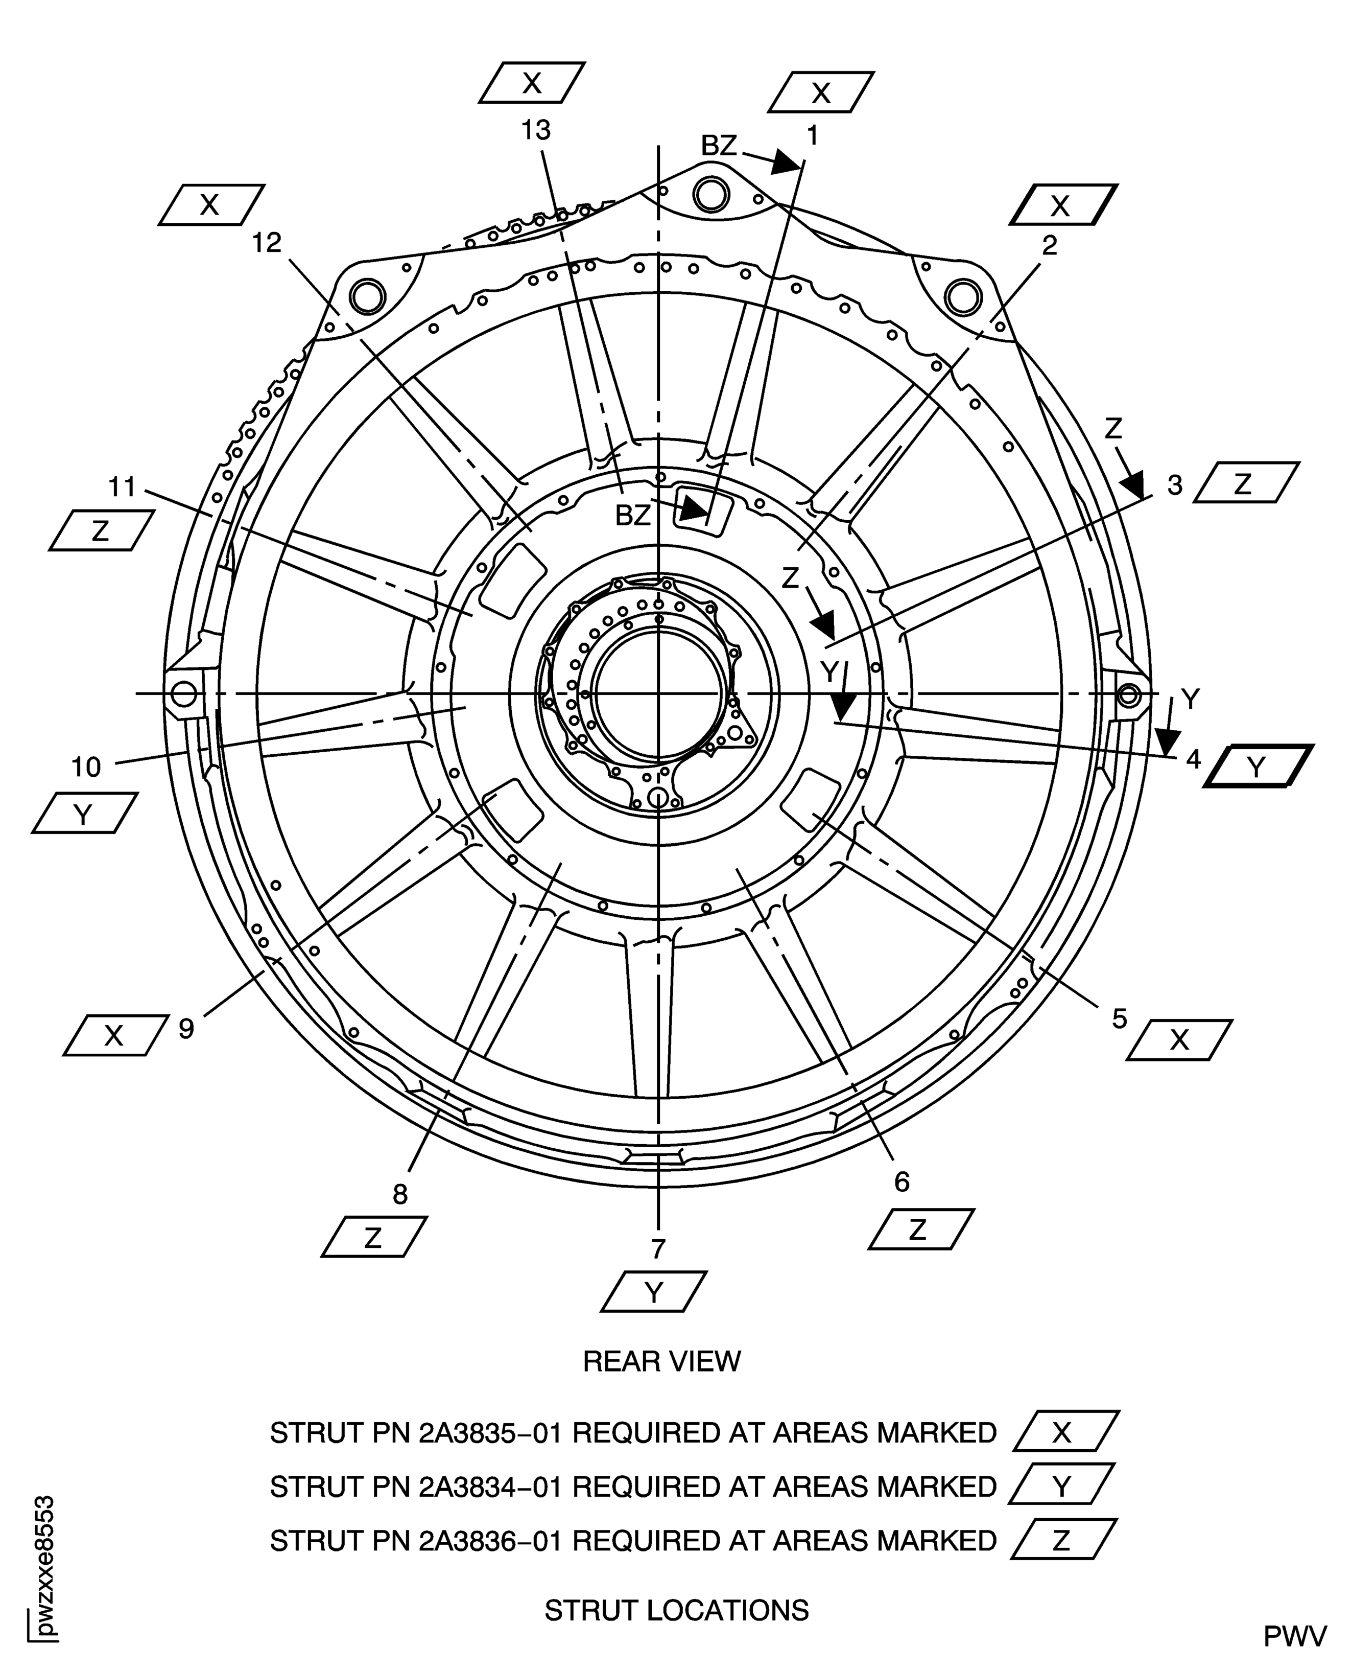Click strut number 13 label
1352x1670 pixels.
coord(536,130)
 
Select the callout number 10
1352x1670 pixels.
coord(86,767)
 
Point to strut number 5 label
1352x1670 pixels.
coord(1119,1018)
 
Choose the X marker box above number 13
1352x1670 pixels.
coord(531,83)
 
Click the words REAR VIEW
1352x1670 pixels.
coord(661,1361)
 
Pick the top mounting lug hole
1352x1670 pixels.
coord(710,194)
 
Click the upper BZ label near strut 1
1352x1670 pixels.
coord(718,145)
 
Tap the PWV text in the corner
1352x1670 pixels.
coord(1294,1636)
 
